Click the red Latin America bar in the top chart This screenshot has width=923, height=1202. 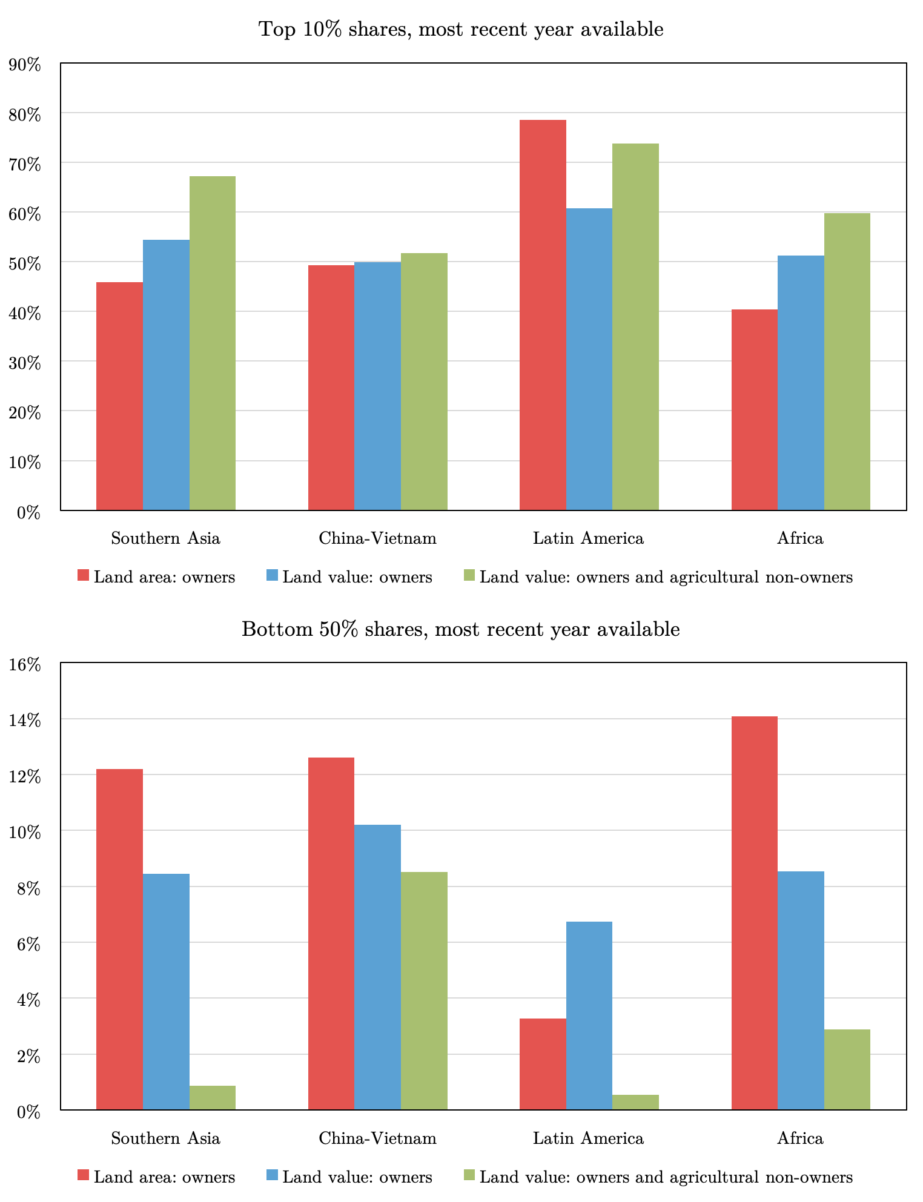[x=543, y=315]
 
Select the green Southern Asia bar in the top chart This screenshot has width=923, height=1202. [x=213, y=343]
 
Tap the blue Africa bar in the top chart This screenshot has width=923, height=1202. [x=801, y=383]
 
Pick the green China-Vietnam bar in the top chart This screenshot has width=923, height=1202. [x=424, y=381]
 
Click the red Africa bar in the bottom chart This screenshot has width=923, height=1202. [x=754, y=913]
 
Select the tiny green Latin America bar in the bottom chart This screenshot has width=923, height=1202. [x=635, y=1102]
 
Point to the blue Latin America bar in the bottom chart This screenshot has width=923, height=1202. [x=589, y=1015]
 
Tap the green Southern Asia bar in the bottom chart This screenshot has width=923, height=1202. [x=213, y=1097]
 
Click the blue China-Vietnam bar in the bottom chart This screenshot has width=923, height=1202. [x=377, y=967]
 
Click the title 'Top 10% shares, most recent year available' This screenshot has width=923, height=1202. [x=461, y=29]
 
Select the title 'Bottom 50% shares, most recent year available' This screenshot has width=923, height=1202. [x=461, y=629]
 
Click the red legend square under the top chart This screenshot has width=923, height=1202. [x=84, y=575]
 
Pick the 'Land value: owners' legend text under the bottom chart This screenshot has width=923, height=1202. [x=357, y=1177]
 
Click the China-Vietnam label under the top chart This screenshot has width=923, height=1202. [x=377, y=538]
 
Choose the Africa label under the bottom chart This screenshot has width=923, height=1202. [x=800, y=1138]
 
